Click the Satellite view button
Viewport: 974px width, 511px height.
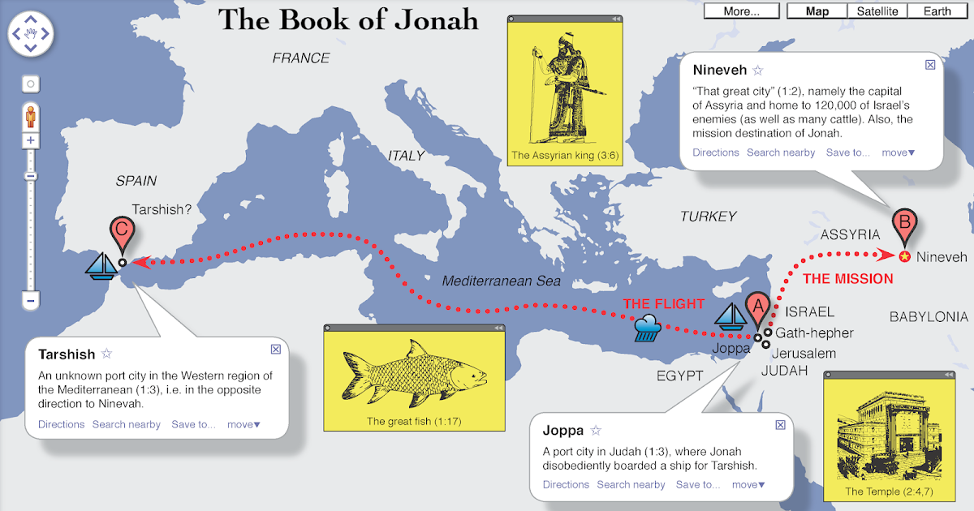point(877,11)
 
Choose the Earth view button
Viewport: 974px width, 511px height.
point(937,11)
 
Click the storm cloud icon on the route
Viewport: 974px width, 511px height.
point(647,328)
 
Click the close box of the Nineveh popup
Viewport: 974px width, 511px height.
point(930,65)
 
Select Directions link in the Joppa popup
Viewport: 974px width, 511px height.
point(566,484)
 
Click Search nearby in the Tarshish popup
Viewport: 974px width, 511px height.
point(126,424)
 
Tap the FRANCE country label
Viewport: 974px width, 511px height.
point(301,58)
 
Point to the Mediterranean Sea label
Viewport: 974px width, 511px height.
point(501,281)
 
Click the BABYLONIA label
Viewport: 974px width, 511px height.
point(928,317)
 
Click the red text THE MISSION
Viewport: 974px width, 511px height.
point(847,279)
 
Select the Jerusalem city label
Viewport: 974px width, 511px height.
point(804,354)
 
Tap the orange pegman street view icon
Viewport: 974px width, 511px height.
point(31,117)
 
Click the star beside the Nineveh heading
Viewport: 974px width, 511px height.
point(758,71)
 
